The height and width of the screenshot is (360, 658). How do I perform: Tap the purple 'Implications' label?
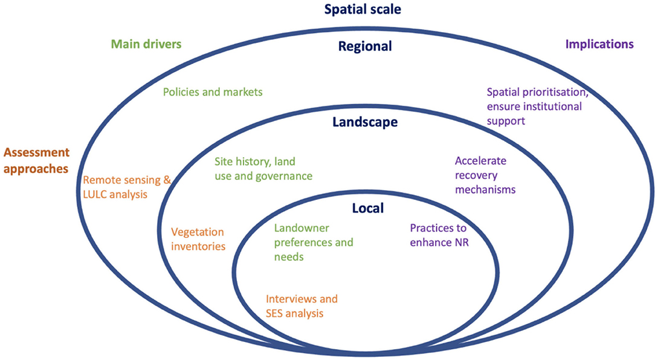(599, 44)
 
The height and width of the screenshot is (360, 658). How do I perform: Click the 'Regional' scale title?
(365, 46)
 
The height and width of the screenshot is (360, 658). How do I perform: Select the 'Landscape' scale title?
(365, 122)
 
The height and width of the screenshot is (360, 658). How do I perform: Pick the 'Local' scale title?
(368, 208)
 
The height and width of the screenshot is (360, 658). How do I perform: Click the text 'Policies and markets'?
(213, 92)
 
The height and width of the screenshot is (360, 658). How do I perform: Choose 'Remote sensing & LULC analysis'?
(127, 187)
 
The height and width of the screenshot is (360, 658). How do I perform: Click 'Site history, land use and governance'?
(263, 169)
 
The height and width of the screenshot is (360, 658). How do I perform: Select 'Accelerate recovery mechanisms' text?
(485, 175)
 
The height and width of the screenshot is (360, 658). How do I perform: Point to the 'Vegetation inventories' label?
(198, 239)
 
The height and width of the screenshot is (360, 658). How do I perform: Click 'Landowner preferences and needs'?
(313, 242)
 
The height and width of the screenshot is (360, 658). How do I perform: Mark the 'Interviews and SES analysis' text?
(302, 306)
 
